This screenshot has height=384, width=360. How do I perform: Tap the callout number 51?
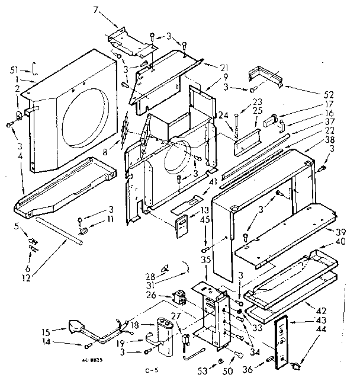click(x=22, y=69)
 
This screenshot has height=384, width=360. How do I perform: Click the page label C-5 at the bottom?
click(x=152, y=372)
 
